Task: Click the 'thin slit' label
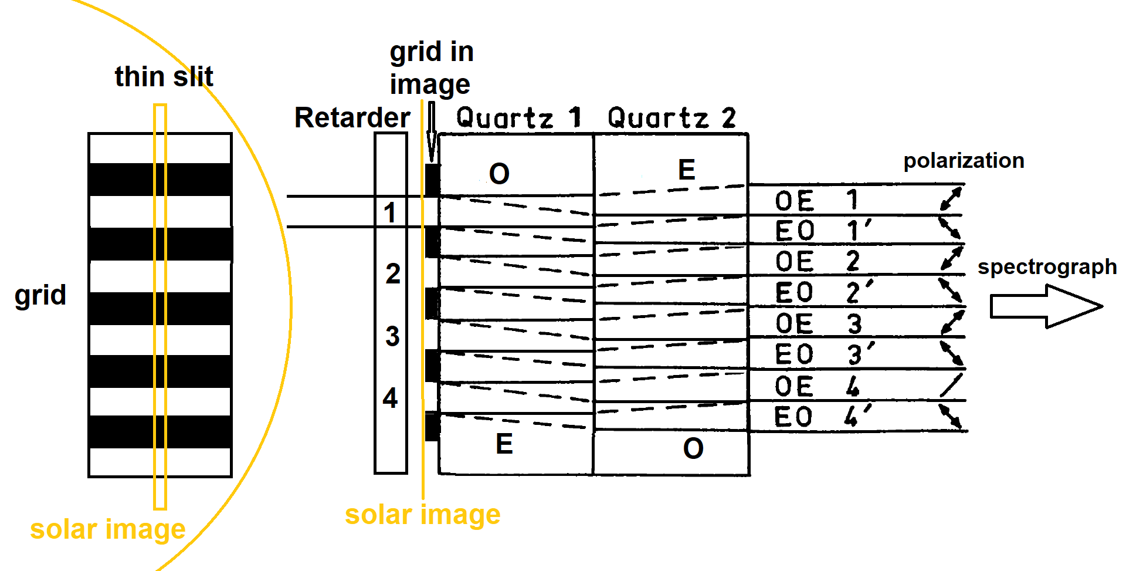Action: (164, 77)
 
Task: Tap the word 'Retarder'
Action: (352, 118)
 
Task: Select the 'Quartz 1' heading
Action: (518, 118)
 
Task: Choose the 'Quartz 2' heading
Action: (671, 118)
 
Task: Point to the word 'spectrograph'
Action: (1047, 267)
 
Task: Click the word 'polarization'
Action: (964, 161)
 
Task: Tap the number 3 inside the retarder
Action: (392, 336)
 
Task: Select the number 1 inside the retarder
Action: (390, 212)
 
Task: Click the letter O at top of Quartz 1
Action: (499, 174)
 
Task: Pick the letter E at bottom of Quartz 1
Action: (504, 444)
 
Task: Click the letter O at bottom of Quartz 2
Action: (693, 449)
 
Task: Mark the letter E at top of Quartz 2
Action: (687, 170)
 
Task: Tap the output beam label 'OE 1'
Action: (816, 201)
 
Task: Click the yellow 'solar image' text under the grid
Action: (108, 529)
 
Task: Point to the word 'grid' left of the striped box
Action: (40, 295)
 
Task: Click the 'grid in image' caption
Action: (431, 68)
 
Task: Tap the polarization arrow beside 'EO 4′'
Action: (950, 417)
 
